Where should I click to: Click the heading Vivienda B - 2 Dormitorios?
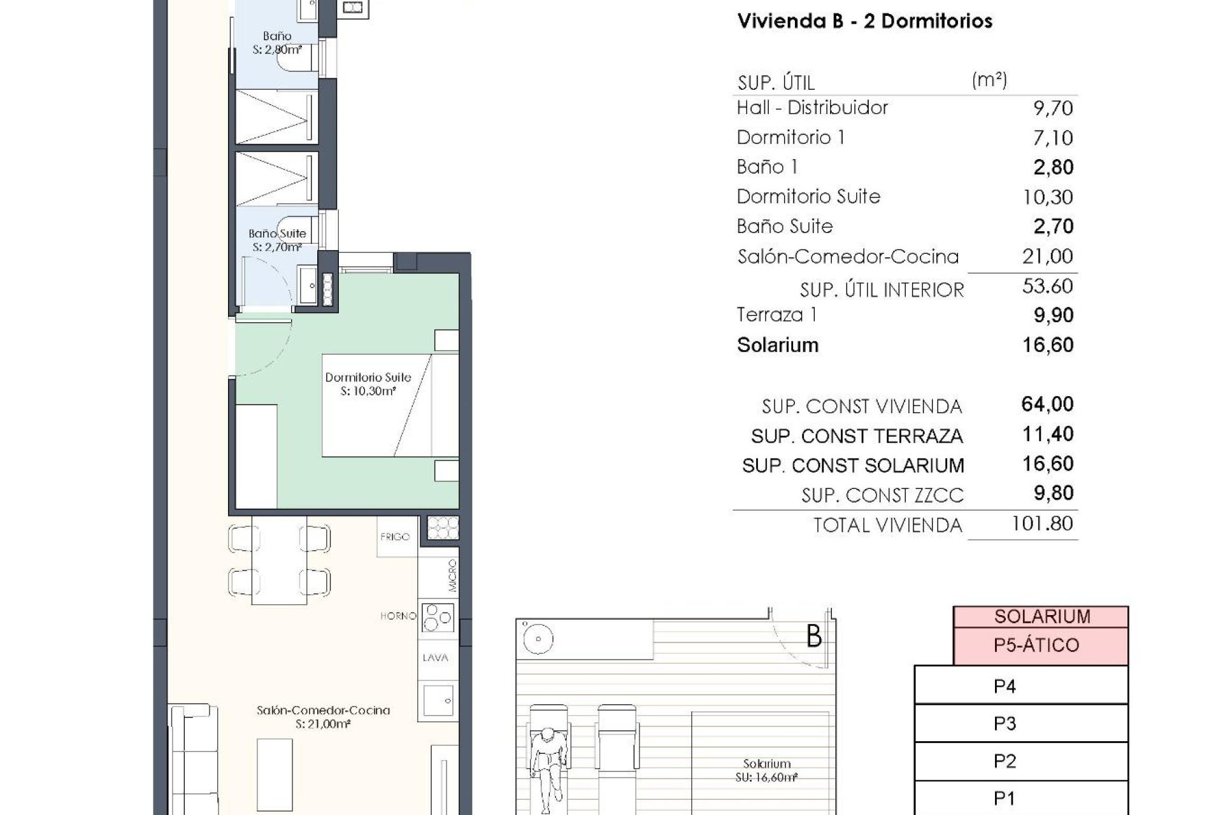[864, 21]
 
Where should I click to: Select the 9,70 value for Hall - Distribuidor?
[1052, 108]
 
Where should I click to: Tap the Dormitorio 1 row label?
[790, 138]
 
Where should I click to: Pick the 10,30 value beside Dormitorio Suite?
[1047, 197]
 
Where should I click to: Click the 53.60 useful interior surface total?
[1047, 287]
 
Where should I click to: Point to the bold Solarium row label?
[777, 345]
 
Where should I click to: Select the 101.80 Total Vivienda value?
[1041, 524]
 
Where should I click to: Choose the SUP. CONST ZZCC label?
[882, 495]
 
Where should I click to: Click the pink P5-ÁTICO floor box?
[1040, 646]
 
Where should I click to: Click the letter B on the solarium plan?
[813, 636]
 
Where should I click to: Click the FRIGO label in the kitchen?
[395, 537]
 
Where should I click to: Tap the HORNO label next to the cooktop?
[398, 616]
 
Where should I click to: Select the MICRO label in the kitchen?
[452, 576]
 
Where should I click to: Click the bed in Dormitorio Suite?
[390, 406]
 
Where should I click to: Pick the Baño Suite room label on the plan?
[277, 234]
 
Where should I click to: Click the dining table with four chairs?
[279, 560]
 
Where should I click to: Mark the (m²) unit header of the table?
[989, 80]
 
